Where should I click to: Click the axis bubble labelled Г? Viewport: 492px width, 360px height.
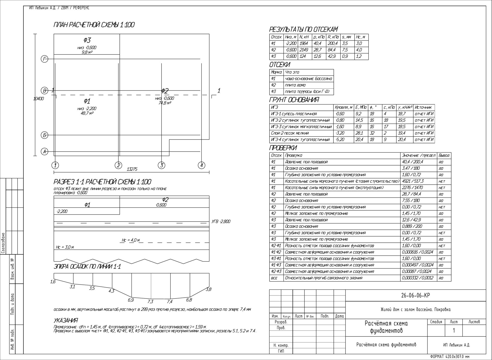[x=44, y=59]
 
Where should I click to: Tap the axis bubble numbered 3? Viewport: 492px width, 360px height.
[x=162, y=165]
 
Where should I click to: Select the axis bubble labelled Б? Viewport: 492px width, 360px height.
[x=44, y=135]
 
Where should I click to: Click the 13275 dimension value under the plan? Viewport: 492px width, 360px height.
[x=132, y=169]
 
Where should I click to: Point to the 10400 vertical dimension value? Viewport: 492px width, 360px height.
[x=39, y=98]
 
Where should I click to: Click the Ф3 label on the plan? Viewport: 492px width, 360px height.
[x=87, y=40]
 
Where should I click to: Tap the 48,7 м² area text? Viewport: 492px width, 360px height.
[x=87, y=113]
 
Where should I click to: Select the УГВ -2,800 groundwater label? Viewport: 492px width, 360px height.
[x=221, y=222]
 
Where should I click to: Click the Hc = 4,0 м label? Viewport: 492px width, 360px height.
[x=131, y=240]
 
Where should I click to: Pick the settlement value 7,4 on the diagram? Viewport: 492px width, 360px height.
[x=170, y=302]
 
